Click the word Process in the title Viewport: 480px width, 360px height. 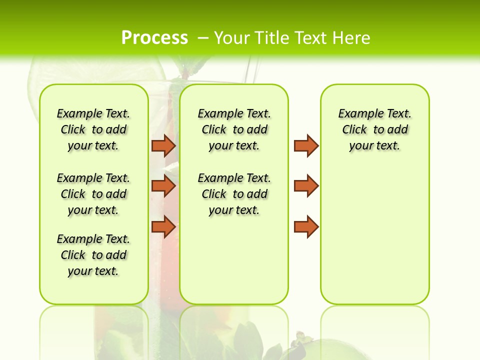click(154, 38)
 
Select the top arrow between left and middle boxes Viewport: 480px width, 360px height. click(163, 145)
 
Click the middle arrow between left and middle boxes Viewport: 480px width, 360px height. click(163, 186)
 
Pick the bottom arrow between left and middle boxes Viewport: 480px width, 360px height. click(163, 226)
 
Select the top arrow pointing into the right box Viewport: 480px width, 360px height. click(306, 145)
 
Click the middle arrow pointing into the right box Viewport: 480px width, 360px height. click(306, 186)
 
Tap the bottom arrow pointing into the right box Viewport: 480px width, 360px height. click(306, 226)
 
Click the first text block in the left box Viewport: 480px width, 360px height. click(93, 129)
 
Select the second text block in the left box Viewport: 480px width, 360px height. click(93, 194)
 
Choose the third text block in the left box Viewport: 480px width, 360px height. click(93, 255)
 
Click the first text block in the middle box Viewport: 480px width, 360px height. click(234, 129)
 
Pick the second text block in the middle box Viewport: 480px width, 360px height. click(234, 194)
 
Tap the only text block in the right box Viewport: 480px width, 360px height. click(374, 129)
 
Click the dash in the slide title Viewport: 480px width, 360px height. click(203, 38)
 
